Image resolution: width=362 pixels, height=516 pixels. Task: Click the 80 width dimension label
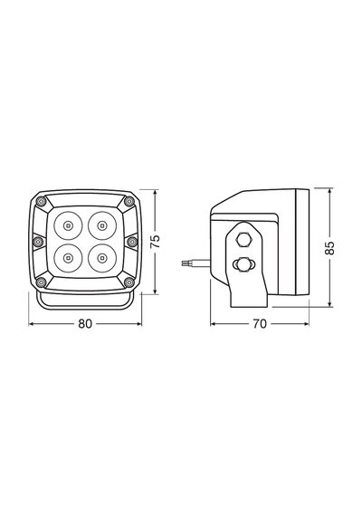tap(85, 324)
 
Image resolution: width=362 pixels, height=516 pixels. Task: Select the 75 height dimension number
tap(155, 241)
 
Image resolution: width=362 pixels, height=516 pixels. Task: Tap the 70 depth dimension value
tap(260, 324)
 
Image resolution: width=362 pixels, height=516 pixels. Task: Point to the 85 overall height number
tap(329, 248)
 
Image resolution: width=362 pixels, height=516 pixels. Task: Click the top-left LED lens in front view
tap(68, 225)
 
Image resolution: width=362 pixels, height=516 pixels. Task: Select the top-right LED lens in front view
tap(102, 225)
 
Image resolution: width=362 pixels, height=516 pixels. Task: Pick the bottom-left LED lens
tap(68, 258)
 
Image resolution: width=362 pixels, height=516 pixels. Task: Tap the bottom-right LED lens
tap(102, 258)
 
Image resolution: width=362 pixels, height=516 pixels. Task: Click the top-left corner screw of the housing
tap(41, 201)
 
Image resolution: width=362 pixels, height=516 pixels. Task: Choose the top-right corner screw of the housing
tap(129, 201)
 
